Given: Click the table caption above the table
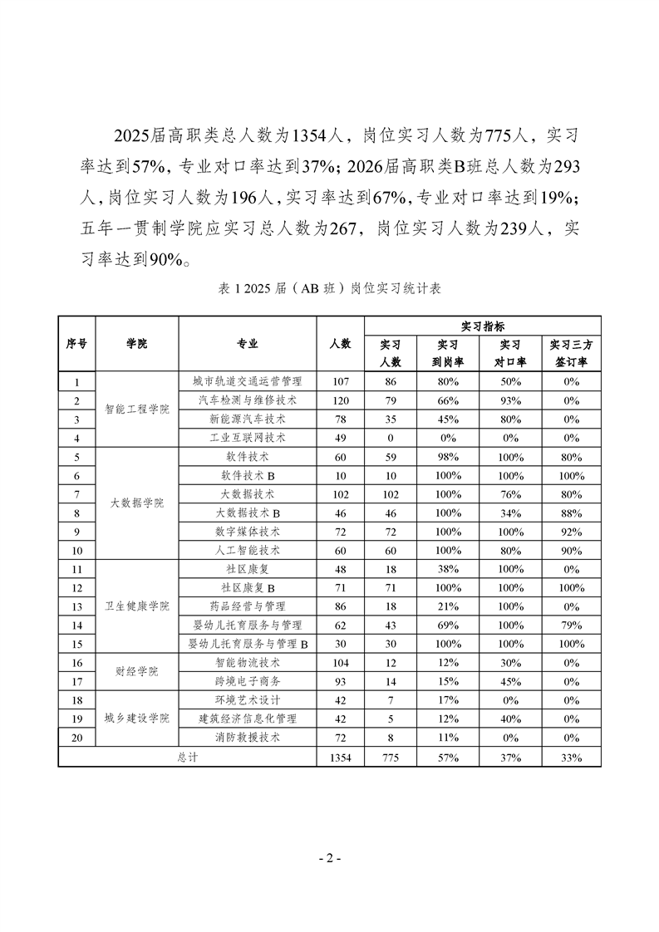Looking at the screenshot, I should click(329, 289).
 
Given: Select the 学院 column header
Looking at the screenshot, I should click(137, 344).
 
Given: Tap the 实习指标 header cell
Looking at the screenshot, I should click(482, 326).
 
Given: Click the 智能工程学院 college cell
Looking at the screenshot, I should click(137, 410).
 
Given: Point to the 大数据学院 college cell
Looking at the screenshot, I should click(137, 503).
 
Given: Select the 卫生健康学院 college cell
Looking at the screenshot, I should click(137, 606).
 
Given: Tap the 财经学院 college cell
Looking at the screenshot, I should click(137, 671).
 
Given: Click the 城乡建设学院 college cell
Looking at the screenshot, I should click(137, 718).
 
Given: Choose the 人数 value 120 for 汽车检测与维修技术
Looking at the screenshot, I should click(340, 400).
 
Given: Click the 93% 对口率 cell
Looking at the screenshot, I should click(510, 400).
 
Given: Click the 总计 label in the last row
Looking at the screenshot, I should click(188, 757).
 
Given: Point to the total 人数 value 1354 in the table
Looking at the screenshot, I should click(340, 757).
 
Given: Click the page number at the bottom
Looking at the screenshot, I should click(330, 858).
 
